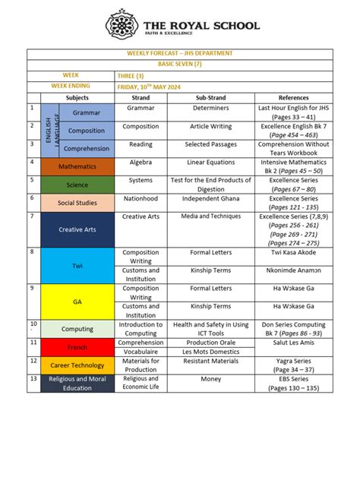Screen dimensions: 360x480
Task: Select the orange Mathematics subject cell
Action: click(x=77, y=166)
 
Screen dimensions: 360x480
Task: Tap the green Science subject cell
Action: click(x=77, y=185)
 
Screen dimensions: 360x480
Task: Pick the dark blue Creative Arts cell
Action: click(x=77, y=229)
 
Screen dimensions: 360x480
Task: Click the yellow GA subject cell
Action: click(x=77, y=301)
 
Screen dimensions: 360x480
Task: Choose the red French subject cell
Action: click(x=77, y=346)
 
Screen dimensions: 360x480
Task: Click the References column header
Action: click(x=293, y=98)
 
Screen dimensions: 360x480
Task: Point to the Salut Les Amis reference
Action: click(x=293, y=343)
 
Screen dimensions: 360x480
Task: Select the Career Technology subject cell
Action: click(x=77, y=365)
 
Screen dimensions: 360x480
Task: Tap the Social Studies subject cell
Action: click(x=77, y=203)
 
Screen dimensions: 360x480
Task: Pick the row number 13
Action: click(x=33, y=378)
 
